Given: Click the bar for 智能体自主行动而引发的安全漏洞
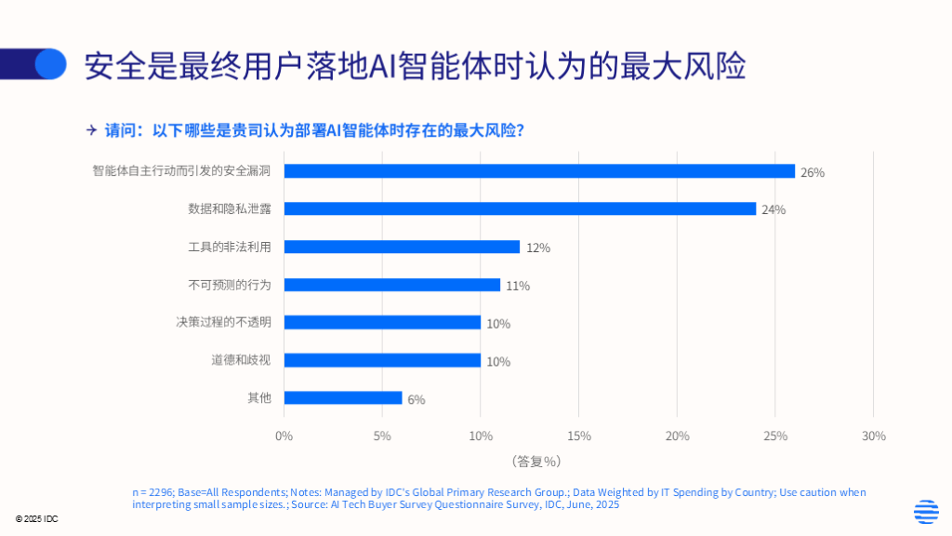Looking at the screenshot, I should click(539, 171).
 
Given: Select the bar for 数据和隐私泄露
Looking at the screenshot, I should click(520, 208).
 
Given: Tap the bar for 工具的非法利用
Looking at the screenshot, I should click(402, 247).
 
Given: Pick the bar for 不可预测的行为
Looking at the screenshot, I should click(391, 285).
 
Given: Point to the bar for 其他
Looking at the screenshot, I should click(343, 397).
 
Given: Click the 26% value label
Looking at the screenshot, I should click(813, 172).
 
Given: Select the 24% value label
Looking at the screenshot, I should click(773, 209).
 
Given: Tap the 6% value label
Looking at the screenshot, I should click(416, 399).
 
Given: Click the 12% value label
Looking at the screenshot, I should click(538, 248).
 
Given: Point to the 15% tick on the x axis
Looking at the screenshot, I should click(578, 435).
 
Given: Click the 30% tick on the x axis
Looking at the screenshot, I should click(873, 435).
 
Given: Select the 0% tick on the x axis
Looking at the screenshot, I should click(284, 435).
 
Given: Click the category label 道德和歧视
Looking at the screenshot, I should click(241, 360).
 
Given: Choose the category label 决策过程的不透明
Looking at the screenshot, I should click(224, 322).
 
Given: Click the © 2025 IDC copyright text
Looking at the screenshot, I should click(37, 518).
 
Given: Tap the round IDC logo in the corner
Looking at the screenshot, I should click(926, 512).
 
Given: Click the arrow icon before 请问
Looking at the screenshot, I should click(91, 129).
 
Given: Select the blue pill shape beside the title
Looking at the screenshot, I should click(37, 63).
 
